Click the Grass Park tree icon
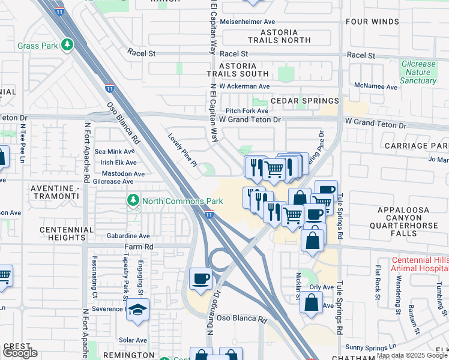(x=68, y=45)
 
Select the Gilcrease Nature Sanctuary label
(x=418, y=72)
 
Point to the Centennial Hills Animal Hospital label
(x=419, y=264)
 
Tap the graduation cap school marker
(x=139, y=310)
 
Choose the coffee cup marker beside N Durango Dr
(x=200, y=278)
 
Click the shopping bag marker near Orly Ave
(x=312, y=303)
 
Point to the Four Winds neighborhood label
(x=372, y=22)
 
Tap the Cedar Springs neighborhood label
(x=304, y=101)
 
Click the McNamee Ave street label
(x=376, y=87)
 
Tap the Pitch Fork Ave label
(x=247, y=111)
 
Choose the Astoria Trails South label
(x=238, y=70)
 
